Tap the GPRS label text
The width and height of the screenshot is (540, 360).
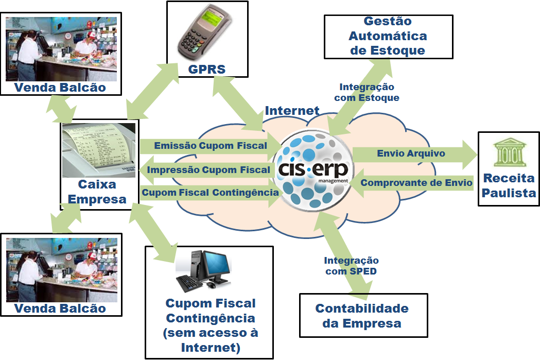(206, 69)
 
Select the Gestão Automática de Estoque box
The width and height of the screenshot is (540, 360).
(388, 36)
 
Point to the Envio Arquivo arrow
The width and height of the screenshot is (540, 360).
(412, 153)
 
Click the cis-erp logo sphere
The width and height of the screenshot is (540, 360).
(311, 169)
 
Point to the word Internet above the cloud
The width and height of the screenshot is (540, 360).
(292, 110)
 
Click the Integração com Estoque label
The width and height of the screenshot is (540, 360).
(367, 92)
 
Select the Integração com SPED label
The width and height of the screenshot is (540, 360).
(351, 266)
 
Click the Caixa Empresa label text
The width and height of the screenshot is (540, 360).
(97, 192)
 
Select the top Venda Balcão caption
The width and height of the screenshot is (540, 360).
(60, 88)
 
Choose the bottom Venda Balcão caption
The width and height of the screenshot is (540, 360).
(60, 308)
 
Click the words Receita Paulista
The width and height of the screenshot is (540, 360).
(509, 186)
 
